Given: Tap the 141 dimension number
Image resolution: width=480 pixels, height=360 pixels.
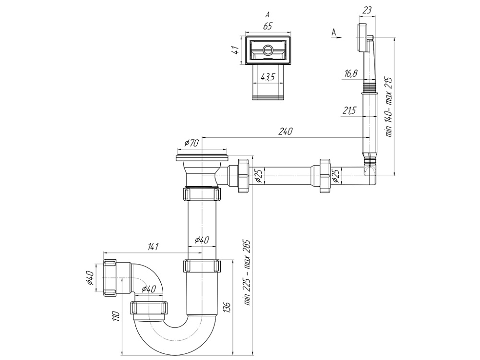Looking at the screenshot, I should [x=153, y=247].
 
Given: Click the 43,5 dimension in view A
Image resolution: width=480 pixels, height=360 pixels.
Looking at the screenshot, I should [x=268, y=77].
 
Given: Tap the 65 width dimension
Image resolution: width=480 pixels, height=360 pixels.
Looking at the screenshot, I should [x=267, y=26].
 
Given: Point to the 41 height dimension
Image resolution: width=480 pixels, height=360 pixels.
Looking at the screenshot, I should [x=236, y=50].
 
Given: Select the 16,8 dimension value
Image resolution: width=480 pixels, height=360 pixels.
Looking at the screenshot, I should [x=351, y=73].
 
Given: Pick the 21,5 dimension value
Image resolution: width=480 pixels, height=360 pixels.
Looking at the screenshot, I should [x=349, y=111].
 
